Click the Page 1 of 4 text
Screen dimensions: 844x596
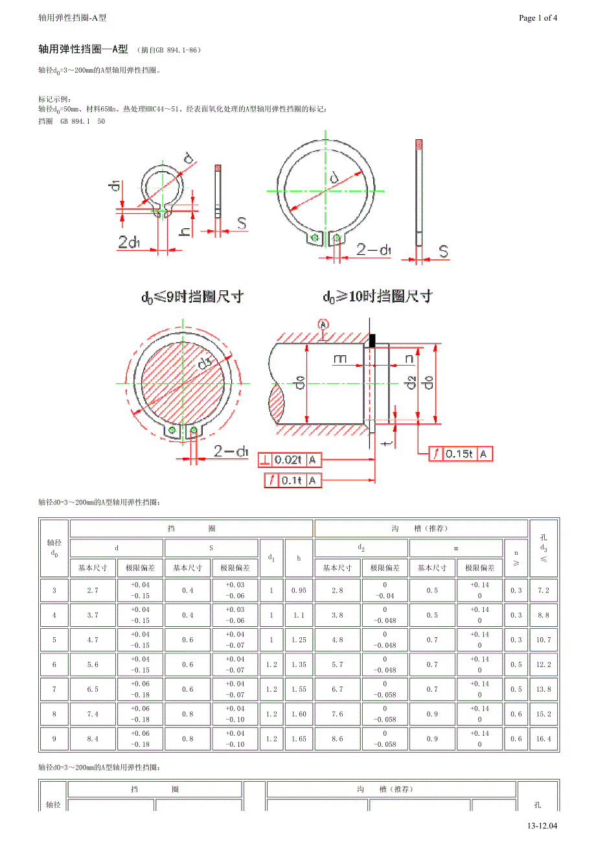(x=538, y=18)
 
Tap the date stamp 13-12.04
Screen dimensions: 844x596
(x=542, y=826)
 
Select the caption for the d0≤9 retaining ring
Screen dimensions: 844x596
(x=192, y=297)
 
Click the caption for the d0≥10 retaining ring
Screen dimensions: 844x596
(x=378, y=297)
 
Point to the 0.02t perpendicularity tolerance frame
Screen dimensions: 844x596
(x=290, y=460)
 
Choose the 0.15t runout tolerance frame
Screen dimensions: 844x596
(x=461, y=454)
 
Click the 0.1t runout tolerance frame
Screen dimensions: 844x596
(x=293, y=480)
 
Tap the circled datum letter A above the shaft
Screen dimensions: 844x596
(x=323, y=324)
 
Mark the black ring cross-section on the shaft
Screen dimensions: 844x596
(x=372, y=340)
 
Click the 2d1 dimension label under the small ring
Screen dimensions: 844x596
(x=129, y=242)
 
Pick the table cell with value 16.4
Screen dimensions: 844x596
(x=544, y=739)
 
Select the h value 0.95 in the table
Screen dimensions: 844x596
(x=299, y=591)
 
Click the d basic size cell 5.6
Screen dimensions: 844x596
(x=93, y=664)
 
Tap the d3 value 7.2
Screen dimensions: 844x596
(x=544, y=591)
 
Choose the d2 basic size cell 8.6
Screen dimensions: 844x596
(x=338, y=739)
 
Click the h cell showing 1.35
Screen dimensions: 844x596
(x=299, y=664)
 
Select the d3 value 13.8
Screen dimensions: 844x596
(x=544, y=689)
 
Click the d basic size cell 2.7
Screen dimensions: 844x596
(x=93, y=591)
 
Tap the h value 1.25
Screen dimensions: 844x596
(x=299, y=640)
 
